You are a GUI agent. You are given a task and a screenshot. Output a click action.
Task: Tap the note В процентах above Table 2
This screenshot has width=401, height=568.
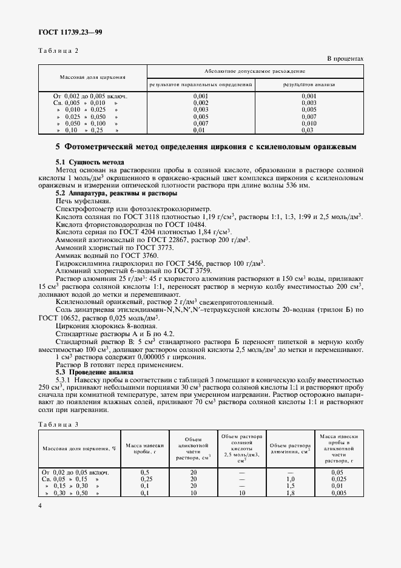coord(345,59)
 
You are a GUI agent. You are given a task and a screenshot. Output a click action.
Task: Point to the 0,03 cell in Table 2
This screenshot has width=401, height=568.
coord(309,130)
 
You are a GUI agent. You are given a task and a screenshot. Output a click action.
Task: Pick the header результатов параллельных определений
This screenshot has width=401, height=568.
coord(201,84)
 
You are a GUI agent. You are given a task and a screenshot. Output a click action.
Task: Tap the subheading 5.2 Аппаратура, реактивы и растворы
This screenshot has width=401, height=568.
coord(116,193)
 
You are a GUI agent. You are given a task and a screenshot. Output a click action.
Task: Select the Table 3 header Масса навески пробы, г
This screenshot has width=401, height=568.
coord(145,449)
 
